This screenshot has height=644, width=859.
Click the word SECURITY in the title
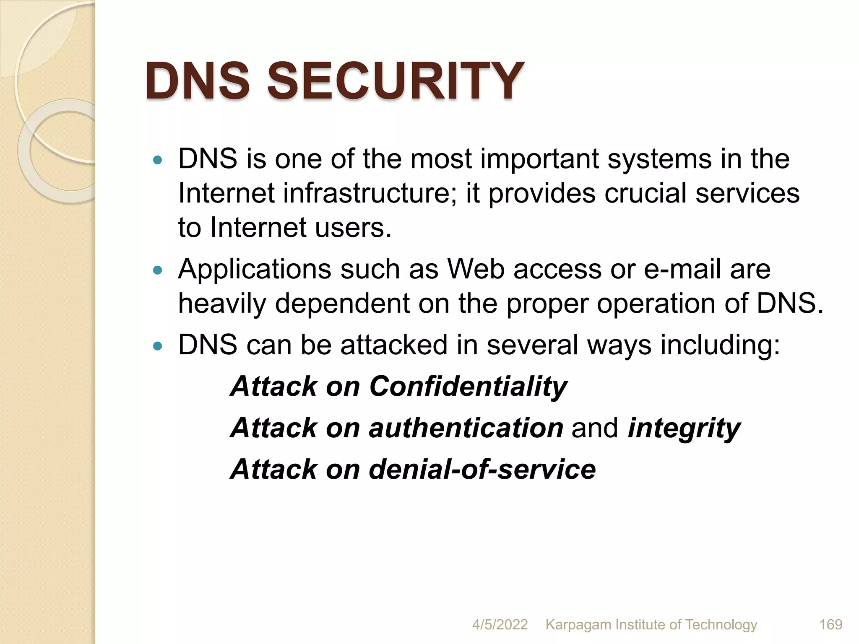point(395,80)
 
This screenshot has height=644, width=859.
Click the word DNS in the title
point(197,80)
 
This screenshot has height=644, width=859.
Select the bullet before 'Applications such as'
point(158,270)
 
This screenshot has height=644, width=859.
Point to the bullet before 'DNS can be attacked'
point(158,346)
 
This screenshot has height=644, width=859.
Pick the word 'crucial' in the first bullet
point(645,193)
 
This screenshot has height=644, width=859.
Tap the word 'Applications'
point(254,269)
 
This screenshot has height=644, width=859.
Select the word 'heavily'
point(222,304)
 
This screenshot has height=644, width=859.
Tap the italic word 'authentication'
point(466,428)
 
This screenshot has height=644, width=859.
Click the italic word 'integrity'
point(684,428)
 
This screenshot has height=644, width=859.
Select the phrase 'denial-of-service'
point(482,469)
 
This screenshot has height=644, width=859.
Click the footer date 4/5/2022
point(500,624)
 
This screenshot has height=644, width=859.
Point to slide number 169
point(830,624)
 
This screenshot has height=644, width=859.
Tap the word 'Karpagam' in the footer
point(578,625)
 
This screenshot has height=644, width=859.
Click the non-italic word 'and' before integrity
point(595,428)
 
